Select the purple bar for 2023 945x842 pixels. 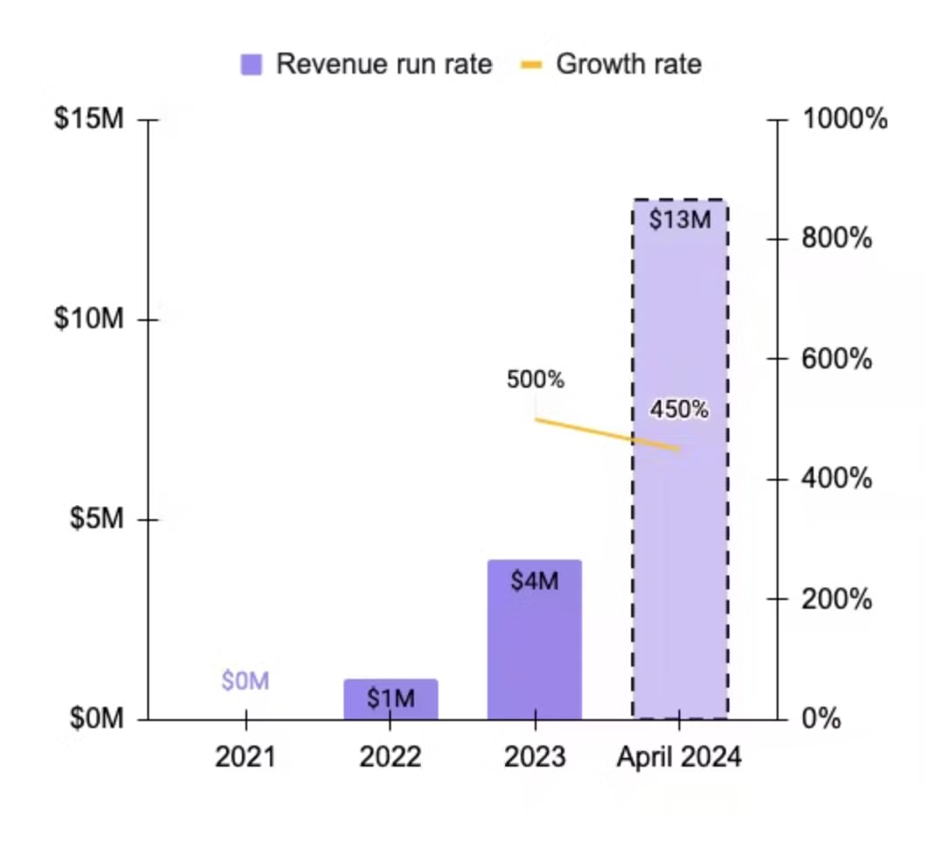click(x=535, y=649)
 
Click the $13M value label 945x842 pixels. click(x=680, y=219)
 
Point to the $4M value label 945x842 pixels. click(x=535, y=581)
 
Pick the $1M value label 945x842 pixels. click(x=390, y=700)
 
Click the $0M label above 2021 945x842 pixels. click(x=245, y=681)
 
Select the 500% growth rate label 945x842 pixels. click(x=536, y=381)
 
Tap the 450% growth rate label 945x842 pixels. click(x=679, y=410)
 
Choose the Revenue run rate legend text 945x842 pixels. click(x=384, y=64)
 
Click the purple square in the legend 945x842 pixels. click(x=252, y=64)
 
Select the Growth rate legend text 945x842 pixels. click(x=629, y=64)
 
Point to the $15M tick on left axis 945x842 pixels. click(x=89, y=119)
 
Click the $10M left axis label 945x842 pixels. click(x=89, y=319)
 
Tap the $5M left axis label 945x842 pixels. click(x=96, y=519)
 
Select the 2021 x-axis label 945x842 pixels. click(x=245, y=757)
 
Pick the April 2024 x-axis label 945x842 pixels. click(x=679, y=757)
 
